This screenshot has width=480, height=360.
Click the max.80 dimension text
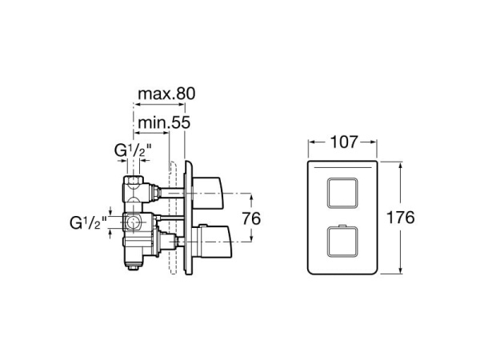point(166,94)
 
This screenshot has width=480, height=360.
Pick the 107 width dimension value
point(342,143)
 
